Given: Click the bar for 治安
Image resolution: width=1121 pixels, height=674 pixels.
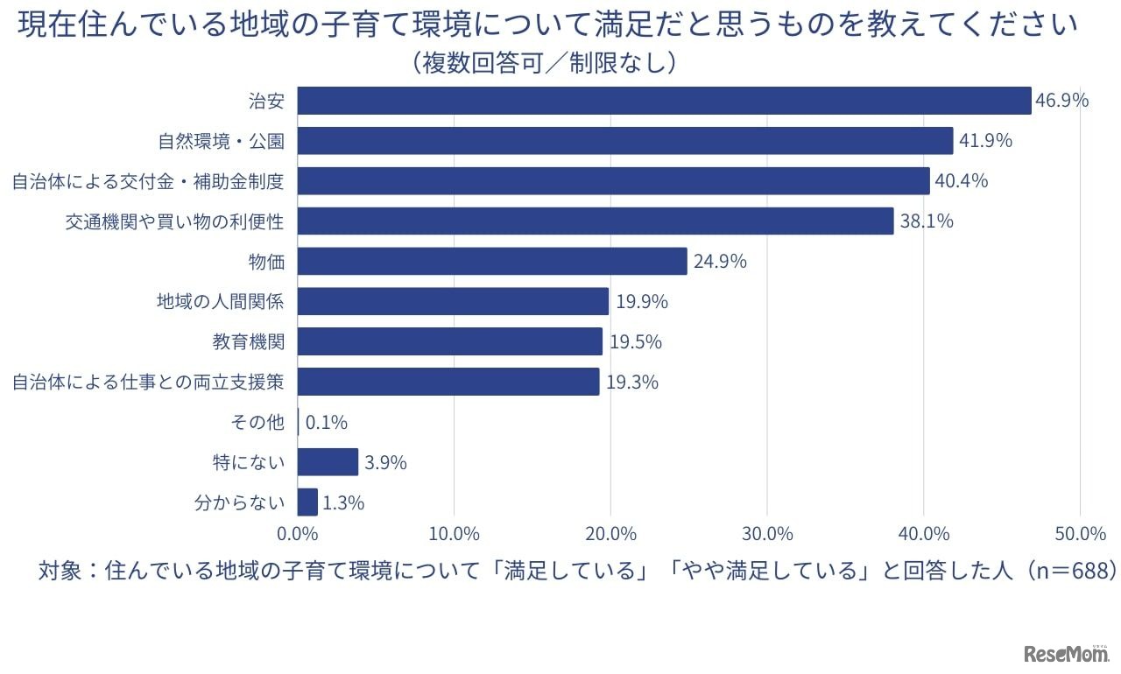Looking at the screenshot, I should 664,101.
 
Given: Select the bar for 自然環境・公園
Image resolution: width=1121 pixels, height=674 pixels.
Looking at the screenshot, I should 625,141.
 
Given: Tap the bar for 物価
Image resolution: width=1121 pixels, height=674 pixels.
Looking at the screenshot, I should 492,261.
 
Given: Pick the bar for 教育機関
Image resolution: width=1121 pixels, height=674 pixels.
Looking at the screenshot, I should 450,341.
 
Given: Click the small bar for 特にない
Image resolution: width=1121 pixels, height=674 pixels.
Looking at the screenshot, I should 328,462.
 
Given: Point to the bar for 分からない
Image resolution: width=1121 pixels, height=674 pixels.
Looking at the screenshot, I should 307,502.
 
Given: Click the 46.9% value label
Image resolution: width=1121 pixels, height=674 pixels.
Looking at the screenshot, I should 1061,101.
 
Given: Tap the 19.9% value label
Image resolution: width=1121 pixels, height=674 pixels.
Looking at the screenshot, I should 641,302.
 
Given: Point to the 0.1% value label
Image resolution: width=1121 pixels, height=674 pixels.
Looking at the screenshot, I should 326,423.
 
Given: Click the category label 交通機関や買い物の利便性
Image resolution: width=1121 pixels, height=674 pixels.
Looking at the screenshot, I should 174,221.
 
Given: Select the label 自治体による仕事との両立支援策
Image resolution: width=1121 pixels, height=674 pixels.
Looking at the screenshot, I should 147,383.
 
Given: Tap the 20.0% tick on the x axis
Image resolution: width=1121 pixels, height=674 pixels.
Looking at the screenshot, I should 610,534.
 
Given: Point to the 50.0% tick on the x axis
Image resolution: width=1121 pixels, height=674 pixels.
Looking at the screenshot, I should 1080,534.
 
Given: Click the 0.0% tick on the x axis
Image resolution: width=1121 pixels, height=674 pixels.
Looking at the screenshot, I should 298,534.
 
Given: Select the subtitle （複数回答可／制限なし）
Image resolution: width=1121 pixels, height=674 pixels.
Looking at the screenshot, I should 544,62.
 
